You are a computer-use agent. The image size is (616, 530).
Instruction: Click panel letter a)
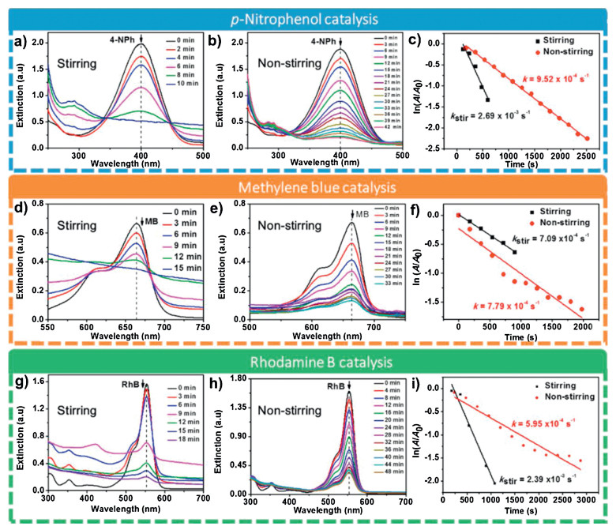point(11,37)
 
